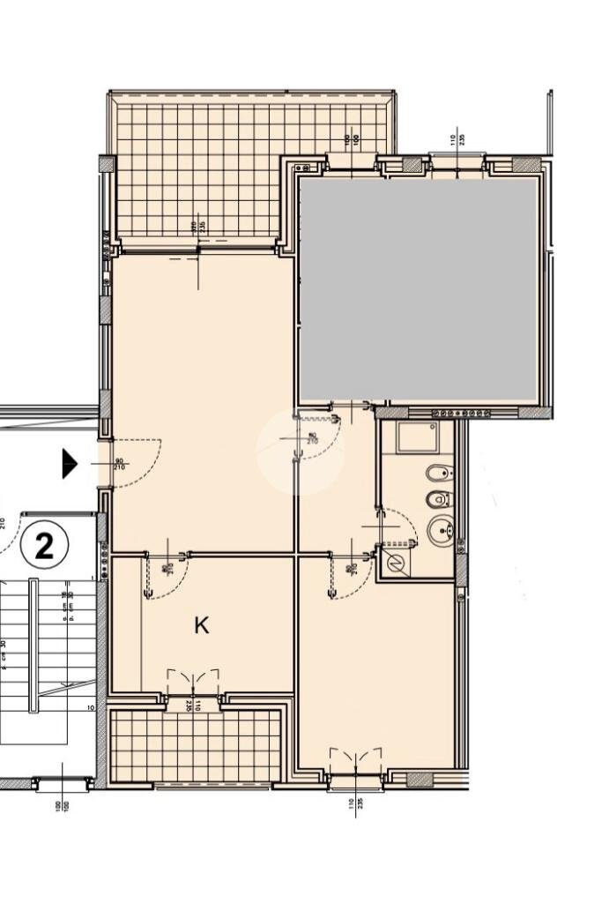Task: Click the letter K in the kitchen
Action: pos(202,626)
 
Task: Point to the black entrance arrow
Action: pos(70,463)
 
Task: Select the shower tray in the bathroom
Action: pos(416,437)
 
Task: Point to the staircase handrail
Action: pos(33,644)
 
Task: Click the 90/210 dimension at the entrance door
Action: pos(119,463)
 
